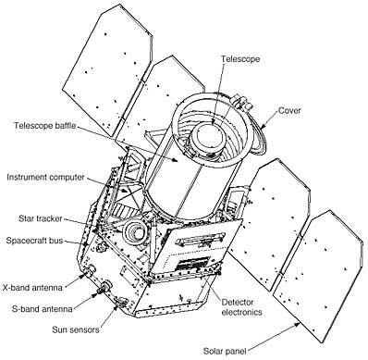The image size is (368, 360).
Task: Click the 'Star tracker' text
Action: (43, 221)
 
